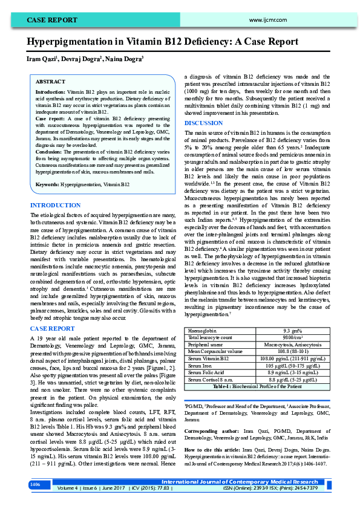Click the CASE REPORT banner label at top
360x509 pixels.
tap(51, 20)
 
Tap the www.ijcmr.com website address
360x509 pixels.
tap(266, 20)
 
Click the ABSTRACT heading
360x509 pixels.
tap(51, 81)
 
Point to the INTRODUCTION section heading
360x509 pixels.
tap(56, 206)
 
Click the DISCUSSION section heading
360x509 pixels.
tap(203, 123)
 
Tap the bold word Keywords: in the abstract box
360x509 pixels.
tap(48, 184)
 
